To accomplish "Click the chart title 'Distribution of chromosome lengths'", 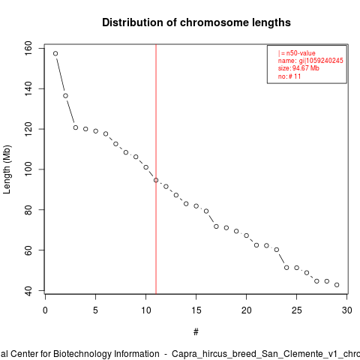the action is (x=196, y=22).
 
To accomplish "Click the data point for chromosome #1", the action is (x=55, y=53).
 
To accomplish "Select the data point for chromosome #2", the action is (x=65, y=96).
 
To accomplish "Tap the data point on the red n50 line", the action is (x=156, y=180).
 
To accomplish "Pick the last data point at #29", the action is (x=337, y=285).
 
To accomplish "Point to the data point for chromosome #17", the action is (x=216, y=226).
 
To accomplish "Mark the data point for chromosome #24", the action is (x=286, y=268).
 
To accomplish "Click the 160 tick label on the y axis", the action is (x=28, y=48).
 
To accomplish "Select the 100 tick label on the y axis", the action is (x=28, y=169).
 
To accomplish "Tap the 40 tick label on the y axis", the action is (x=28, y=290).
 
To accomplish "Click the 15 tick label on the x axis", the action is (x=196, y=310).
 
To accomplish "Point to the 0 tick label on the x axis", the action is (x=45, y=310).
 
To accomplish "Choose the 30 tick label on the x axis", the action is (x=347, y=310).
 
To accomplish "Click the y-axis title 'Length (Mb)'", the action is (x=7, y=169).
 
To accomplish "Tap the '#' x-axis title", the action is (x=196, y=331).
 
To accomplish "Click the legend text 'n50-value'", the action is (x=301, y=53).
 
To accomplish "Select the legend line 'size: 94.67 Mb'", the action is (x=298, y=68).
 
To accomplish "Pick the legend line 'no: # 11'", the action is (x=289, y=76).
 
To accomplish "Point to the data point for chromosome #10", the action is (x=146, y=167).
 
